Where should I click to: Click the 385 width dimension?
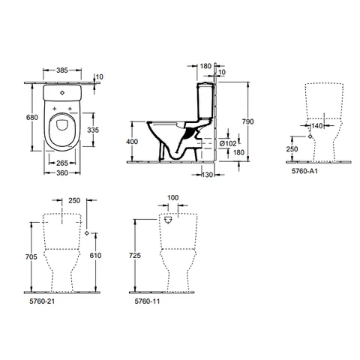[62, 70]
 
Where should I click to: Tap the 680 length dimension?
[32, 117]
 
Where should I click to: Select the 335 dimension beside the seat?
[93, 130]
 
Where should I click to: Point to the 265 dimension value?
[62, 163]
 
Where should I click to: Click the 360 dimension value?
[62, 172]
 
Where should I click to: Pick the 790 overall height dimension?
[247, 121]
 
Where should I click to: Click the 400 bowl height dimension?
[132, 142]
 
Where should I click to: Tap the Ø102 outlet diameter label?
[228, 143]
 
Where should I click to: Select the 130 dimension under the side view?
[207, 175]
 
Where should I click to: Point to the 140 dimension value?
[317, 125]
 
